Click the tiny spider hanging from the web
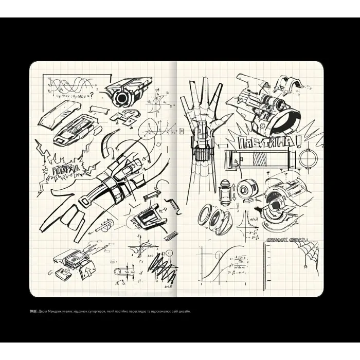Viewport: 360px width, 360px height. click(305, 266)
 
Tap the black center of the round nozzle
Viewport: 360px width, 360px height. click(122, 98)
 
